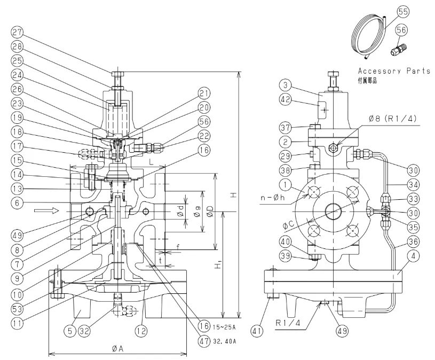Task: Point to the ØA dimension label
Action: click(x=118, y=348)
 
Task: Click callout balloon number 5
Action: click(x=69, y=331)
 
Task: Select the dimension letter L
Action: click(x=151, y=161)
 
